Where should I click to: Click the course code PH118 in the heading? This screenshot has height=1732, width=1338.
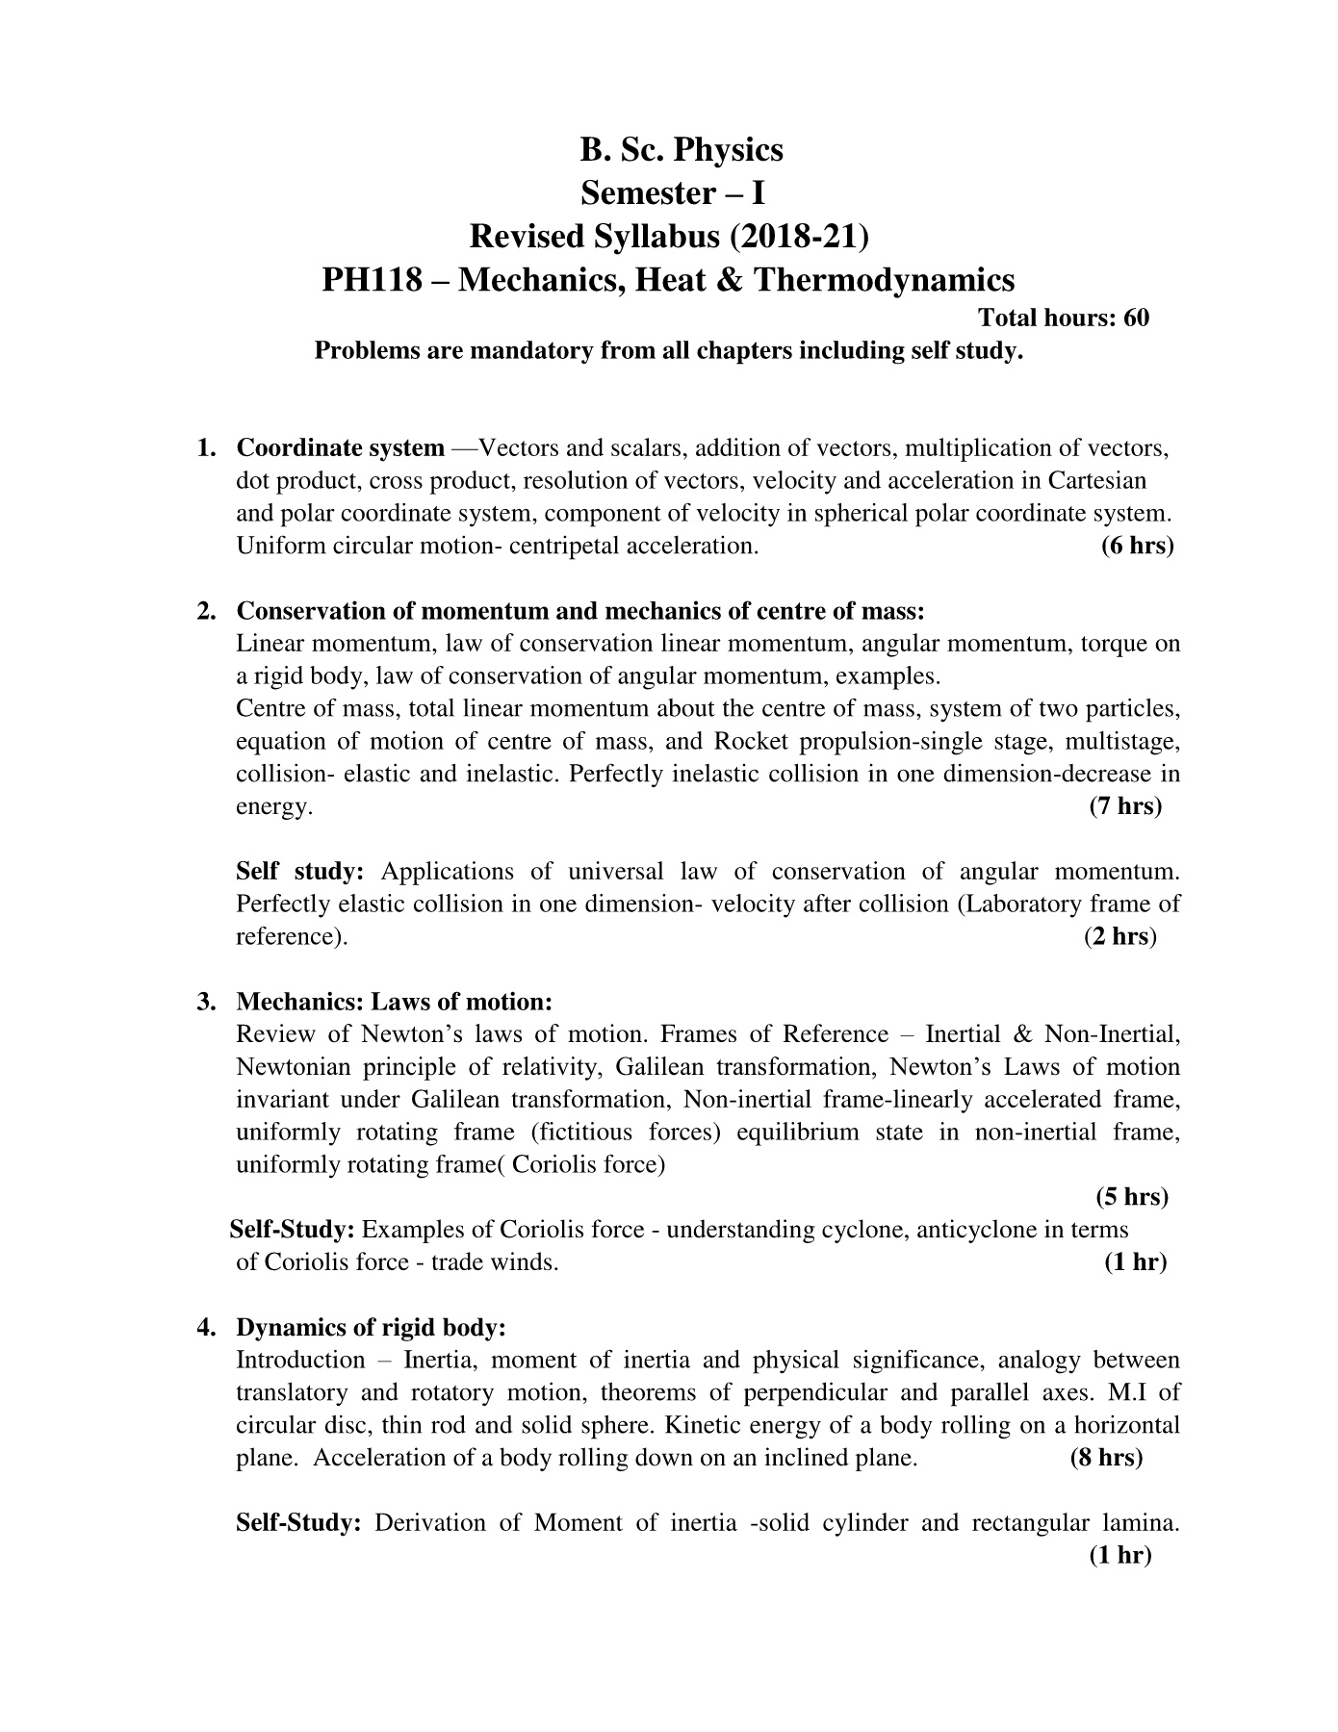pos(371,280)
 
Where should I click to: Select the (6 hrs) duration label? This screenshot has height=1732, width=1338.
pos(1137,547)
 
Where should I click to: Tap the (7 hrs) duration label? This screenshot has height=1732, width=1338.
pos(1125,806)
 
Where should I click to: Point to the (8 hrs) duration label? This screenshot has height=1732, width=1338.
pos(1106,1458)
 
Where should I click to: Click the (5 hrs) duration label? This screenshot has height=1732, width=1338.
pos(1132,1197)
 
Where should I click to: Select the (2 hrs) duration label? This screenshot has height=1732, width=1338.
pos(1119,936)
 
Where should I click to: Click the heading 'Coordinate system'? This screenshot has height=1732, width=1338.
pos(341,448)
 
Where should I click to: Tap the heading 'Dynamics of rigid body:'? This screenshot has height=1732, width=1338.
pos(371,1328)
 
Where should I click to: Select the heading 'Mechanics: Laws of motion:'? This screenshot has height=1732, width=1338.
pos(395,1003)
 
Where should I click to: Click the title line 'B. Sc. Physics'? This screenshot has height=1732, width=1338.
pos(682,150)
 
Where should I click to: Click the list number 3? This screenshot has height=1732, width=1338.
pos(204,1003)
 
